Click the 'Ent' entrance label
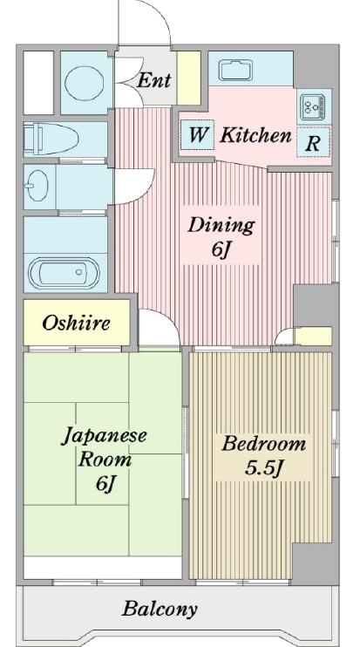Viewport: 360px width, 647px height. point(153,80)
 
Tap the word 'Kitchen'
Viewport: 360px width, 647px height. point(255,135)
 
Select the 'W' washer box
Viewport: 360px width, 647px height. point(198,134)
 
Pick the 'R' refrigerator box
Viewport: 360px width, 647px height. point(314,142)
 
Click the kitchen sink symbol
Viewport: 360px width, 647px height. point(235,70)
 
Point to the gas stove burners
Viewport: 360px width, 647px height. point(312,107)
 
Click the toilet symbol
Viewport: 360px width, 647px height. point(51,139)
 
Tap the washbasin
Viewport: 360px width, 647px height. point(37,186)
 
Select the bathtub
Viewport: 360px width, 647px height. point(64,273)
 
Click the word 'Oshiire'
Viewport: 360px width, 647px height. point(77,323)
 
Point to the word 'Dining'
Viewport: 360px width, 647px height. point(221,225)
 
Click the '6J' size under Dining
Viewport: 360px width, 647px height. point(220,250)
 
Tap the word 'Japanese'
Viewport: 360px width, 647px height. point(104,437)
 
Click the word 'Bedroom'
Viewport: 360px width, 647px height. point(263,444)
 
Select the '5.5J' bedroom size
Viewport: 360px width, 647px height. point(263,468)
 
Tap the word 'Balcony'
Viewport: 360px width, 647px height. point(160,609)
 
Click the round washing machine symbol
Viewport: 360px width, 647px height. point(85,83)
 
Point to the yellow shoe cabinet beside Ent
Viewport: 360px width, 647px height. point(188,78)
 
